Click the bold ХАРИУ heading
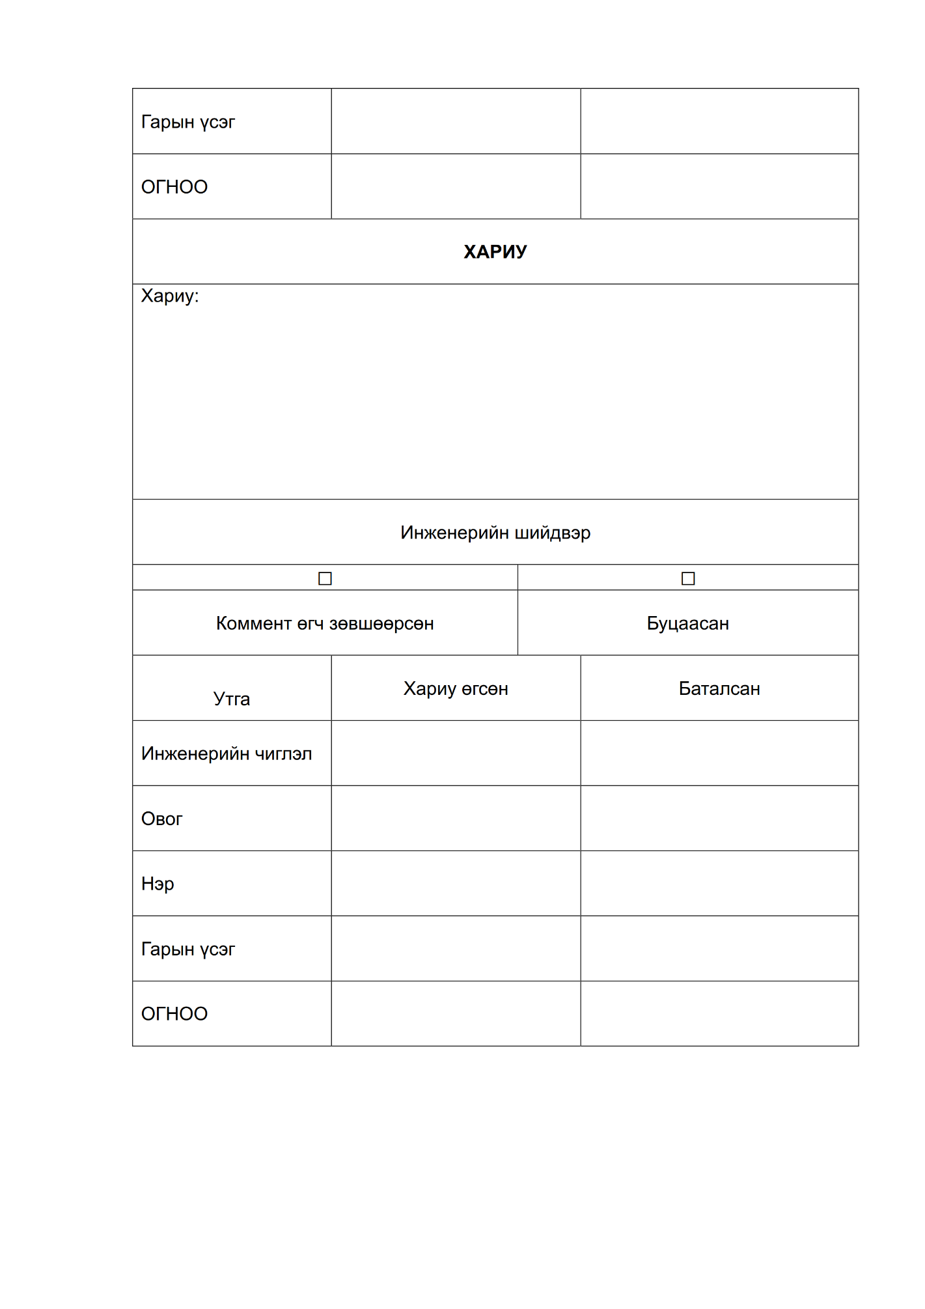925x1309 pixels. point(495,251)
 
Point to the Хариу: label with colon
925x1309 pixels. point(170,296)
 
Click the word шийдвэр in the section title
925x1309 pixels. point(553,533)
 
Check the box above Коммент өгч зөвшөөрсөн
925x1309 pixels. point(325,578)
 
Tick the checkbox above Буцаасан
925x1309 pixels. point(688,578)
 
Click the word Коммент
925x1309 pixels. point(253,624)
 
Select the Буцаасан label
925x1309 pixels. point(687,624)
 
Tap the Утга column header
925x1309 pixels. point(232,699)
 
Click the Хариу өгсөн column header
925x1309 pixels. point(456,689)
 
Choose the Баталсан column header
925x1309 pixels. point(719,689)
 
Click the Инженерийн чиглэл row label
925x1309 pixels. point(227,753)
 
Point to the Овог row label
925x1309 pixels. point(162,819)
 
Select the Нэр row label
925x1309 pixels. point(158,884)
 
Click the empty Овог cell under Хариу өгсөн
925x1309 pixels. point(456,819)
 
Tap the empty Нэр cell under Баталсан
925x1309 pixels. point(719,884)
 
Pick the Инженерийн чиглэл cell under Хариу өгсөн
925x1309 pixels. point(456,753)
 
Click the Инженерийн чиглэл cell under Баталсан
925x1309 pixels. point(719,753)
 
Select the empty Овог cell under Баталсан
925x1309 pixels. point(719,819)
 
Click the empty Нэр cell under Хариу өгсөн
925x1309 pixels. point(456,884)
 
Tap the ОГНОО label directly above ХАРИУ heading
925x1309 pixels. point(174,187)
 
